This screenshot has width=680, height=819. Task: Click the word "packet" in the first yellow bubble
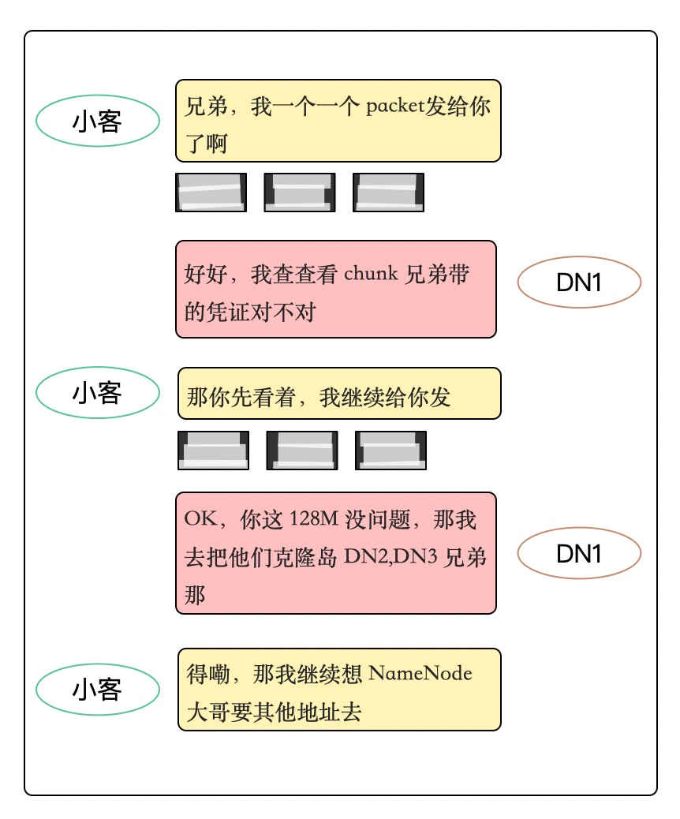tap(395, 107)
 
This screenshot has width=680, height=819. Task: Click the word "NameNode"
tap(420, 674)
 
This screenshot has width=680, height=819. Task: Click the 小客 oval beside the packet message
tap(98, 122)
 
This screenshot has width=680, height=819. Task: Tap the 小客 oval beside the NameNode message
tap(98, 689)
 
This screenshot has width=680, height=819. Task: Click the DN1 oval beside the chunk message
tap(579, 283)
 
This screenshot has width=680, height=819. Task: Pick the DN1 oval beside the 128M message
tap(579, 554)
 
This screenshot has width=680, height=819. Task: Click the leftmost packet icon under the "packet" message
tap(211, 193)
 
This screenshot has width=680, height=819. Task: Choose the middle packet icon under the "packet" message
tap(300, 193)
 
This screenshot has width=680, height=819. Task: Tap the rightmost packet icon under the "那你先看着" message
tap(390, 451)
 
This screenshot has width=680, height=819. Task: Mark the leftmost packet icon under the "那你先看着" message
tap(213, 451)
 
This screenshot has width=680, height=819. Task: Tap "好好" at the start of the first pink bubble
tap(207, 275)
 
